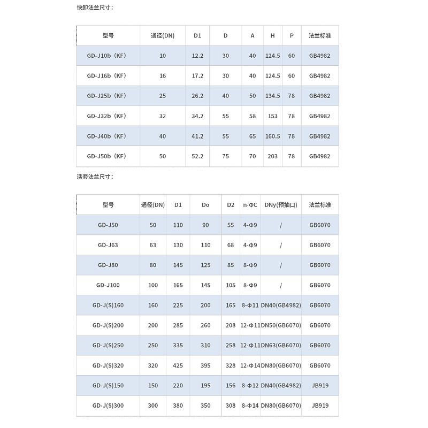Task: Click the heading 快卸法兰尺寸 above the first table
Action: tap(95, 7)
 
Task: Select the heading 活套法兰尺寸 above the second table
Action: tap(95, 177)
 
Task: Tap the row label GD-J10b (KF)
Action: tap(108, 56)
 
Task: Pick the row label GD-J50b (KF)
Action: tap(108, 156)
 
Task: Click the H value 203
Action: tap(272, 156)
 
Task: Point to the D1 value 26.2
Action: tap(197, 96)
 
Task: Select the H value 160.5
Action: tap(272, 136)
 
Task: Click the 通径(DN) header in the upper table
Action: tap(163, 35)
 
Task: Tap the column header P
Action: tap(292, 35)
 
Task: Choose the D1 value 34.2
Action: tap(197, 116)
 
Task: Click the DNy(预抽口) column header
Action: tap(281, 204)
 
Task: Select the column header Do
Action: tap(205, 204)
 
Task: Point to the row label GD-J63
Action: tap(108, 245)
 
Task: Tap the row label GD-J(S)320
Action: tap(108, 365)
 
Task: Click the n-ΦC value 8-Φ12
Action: tap(249, 386)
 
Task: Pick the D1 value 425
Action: tap(178, 365)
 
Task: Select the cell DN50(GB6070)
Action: tap(281, 325)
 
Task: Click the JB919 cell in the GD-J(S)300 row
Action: tap(320, 406)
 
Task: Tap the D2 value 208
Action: tap(231, 325)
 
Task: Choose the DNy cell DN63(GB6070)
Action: tap(281, 346)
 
